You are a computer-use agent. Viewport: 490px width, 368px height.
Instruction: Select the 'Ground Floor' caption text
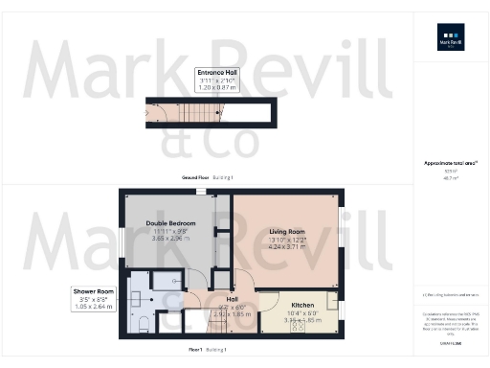coord(195,178)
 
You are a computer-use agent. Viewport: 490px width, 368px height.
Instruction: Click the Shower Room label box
coord(93,299)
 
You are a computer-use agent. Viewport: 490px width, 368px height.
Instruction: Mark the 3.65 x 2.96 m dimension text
coord(172,239)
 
